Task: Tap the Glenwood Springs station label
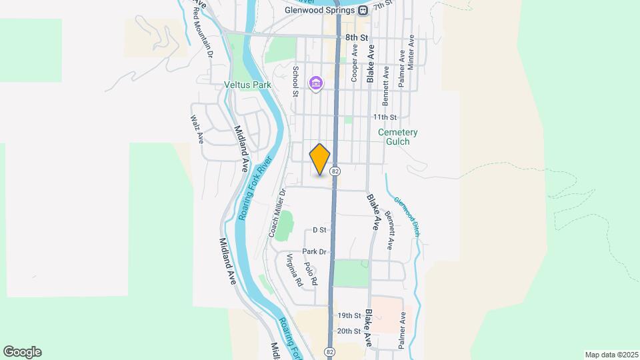[321, 10]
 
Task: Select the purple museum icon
[315, 83]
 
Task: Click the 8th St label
[357, 39]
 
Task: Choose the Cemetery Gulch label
[398, 137]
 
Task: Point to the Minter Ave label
[411, 50]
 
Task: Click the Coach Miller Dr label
[277, 213]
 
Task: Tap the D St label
[319, 230]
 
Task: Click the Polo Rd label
[310, 274]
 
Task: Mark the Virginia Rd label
[295, 271]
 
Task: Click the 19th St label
[349, 315]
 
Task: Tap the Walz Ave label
[197, 129]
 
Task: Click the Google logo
[22, 352]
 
